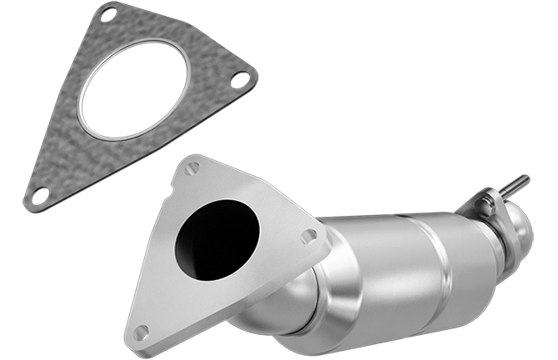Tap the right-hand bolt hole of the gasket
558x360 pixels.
243,80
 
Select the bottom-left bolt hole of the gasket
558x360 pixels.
39,194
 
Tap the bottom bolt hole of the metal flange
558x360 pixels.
140,332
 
